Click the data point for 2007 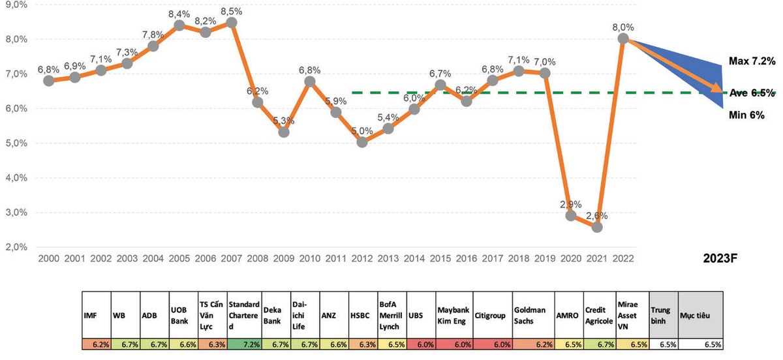pyautogui.click(x=231, y=22)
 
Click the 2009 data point pyautogui.click(x=284, y=132)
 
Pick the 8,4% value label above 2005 pyautogui.click(x=179, y=14)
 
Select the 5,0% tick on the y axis pyautogui.click(x=16, y=143)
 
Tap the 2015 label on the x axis pyautogui.click(x=440, y=258)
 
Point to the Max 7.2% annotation pyautogui.click(x=751, y=61)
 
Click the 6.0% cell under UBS pyautogui.click(x=420, y=343)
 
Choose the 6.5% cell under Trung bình pyautogui.click(x=664, y=343)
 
